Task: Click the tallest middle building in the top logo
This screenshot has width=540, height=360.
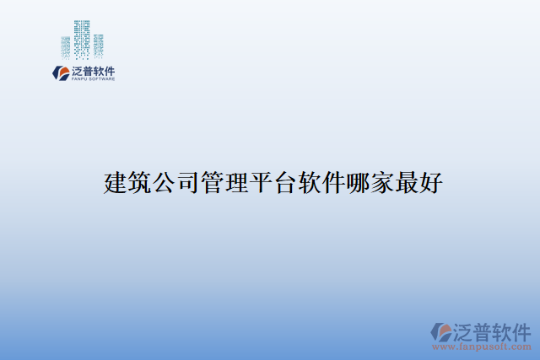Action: [x=82, y=39]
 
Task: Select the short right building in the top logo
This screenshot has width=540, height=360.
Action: [x=98, y=47]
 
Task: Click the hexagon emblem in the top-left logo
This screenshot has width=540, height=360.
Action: [x=60, y=73]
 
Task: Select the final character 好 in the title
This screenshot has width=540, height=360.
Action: [x=429, y=182]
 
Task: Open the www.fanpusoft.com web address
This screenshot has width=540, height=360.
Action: [x=482, y=347]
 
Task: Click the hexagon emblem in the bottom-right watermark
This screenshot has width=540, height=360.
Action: [x=441, y=331]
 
